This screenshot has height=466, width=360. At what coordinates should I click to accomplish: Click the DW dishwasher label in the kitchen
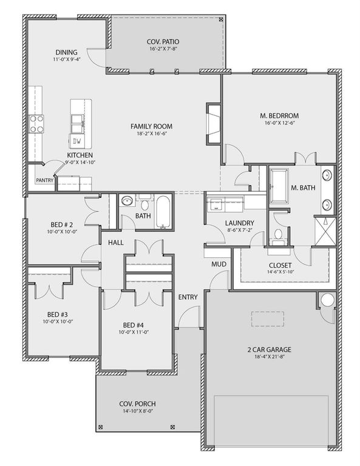click(76, 141)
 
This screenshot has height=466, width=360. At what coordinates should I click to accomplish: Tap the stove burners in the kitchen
click(37, 124)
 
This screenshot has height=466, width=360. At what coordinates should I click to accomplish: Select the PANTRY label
click(44, 180)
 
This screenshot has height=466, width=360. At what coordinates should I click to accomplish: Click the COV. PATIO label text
click(162, 42)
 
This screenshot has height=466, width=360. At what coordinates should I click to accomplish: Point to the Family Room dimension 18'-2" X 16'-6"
click(151, 135)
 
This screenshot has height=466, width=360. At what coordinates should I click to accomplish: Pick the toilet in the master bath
click(279, 235)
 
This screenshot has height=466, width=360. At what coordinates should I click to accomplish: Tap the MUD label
click(218, 265)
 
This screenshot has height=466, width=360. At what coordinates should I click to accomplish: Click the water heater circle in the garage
click(328, 300)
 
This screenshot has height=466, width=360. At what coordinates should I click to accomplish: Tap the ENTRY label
click(186, 297)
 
